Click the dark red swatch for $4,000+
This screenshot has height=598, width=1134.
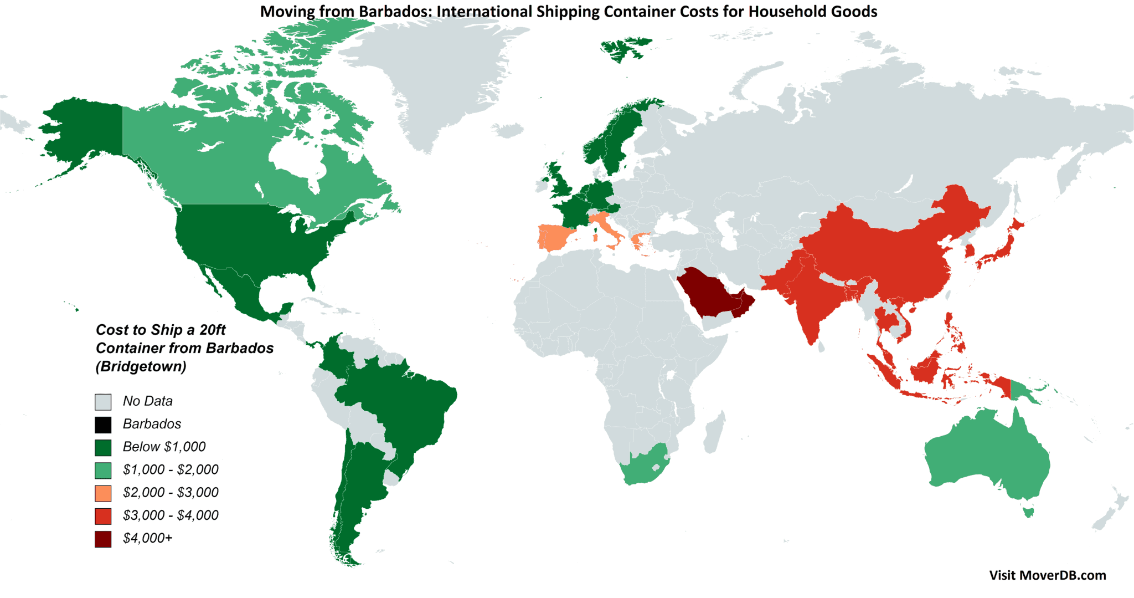[103, 539]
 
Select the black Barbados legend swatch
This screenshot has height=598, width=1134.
[103, 425]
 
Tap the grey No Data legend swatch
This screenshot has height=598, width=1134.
[103, 401]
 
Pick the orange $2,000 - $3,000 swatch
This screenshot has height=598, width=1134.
[103, 493]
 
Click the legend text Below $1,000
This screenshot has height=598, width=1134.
[164, 447]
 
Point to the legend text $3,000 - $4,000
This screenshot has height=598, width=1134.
[171, 515]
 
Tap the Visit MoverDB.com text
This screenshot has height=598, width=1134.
[1047, 575]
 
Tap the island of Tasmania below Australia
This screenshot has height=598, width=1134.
[1028, 512]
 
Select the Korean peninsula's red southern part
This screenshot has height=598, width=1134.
[970, 252]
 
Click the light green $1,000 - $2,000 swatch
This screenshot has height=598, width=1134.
[103, 470]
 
